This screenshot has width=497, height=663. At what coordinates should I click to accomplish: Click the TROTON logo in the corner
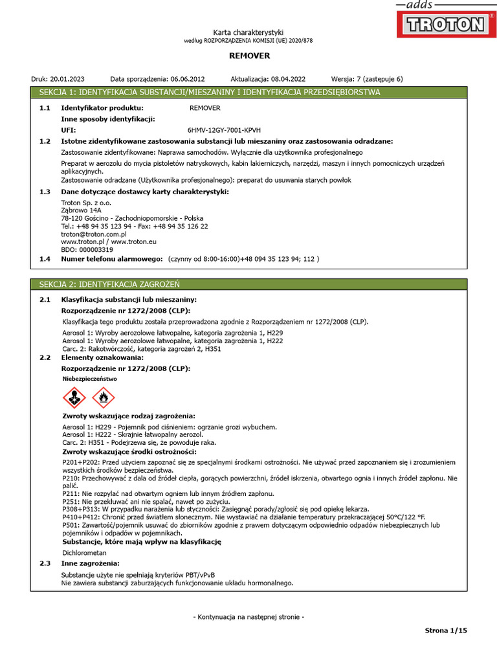pos(445,24)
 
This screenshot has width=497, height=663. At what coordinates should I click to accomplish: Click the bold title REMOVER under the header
pos(248,56)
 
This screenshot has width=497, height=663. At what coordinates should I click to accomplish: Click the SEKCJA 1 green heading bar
pos(248,93)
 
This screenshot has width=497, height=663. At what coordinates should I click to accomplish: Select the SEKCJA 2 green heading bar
pos(248,284)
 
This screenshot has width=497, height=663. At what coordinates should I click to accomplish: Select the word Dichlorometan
pos(84,553)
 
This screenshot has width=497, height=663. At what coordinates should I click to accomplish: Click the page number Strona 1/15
pos(445,630)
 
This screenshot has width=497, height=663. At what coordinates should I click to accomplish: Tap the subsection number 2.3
pos(45,564)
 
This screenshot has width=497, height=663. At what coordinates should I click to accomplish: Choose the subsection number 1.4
pos(45,259)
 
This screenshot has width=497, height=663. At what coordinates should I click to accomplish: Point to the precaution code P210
pos(71,478)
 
